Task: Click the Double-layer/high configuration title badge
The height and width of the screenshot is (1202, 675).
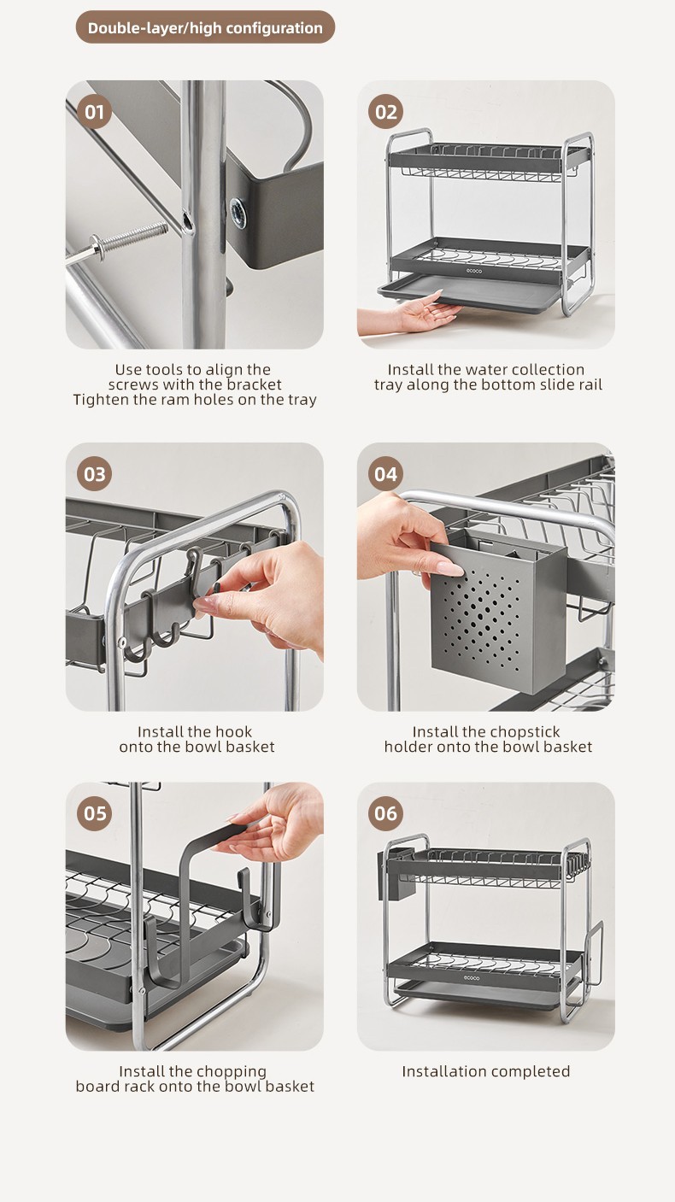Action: pos(206,27)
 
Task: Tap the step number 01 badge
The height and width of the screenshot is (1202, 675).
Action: pos(95,112)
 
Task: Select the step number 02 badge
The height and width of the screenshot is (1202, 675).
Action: pos(386,112)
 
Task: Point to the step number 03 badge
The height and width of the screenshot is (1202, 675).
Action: pos(95,474)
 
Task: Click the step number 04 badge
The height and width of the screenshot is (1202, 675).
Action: pos(386,474)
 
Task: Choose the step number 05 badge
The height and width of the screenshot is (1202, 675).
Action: pos(95,813)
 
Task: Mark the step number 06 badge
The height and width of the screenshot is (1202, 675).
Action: pos(386,813)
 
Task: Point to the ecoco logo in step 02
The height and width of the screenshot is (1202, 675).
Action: pos(474,271)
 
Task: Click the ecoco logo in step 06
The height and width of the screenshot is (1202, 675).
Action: pos(472,978)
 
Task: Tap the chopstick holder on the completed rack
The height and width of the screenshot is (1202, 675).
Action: pos(390,874)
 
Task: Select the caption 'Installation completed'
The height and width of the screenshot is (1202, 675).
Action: pos(486,1071)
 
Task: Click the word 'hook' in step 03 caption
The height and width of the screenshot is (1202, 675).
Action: pos(235,732)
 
